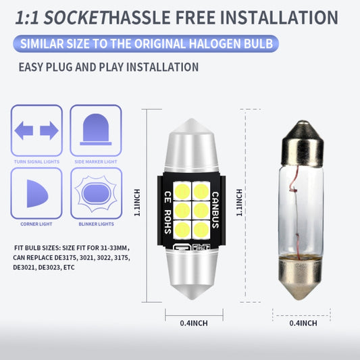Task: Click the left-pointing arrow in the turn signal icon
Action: tap(24, 130)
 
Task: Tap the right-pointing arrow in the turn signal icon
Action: tap(49, 130)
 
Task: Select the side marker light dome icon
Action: tap(96, 130)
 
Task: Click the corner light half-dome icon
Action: tap(37, 194)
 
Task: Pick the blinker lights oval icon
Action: tap(96, 194)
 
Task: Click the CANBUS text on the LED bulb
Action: tap(215, 210)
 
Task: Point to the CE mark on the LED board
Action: tap(168, 197)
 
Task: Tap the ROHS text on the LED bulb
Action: tap(168, 222)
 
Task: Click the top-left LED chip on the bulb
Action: tap(182, 191)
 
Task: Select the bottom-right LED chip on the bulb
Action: tap(201, 230)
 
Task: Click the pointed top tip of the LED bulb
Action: tap(192, 119)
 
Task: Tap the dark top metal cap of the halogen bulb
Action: tap(303, 143)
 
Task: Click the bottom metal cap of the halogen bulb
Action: tap(301, 278)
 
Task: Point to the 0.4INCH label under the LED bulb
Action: tap(194, 324)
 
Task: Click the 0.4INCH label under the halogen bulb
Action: tap(303, 324)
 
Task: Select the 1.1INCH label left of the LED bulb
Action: tap(137, 203)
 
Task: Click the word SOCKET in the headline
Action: tap(76, 18)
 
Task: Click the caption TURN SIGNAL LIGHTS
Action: tap(36, 161)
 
